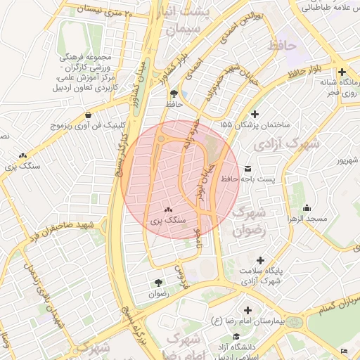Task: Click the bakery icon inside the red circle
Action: (168, 210)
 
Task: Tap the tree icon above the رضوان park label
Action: (157, 283)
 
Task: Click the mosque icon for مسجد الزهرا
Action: (307, 208)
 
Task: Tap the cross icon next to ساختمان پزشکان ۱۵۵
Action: (255, 114)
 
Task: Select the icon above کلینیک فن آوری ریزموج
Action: (87, 115)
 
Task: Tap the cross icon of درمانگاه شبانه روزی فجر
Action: (342, 72)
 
